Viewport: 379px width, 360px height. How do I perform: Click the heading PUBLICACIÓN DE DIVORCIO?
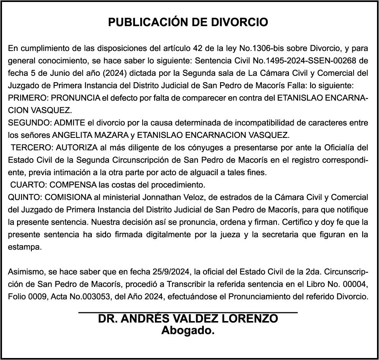[188, 22]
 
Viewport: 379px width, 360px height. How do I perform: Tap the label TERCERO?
[32, 148]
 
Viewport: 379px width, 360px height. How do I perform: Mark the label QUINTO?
[25, 197]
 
